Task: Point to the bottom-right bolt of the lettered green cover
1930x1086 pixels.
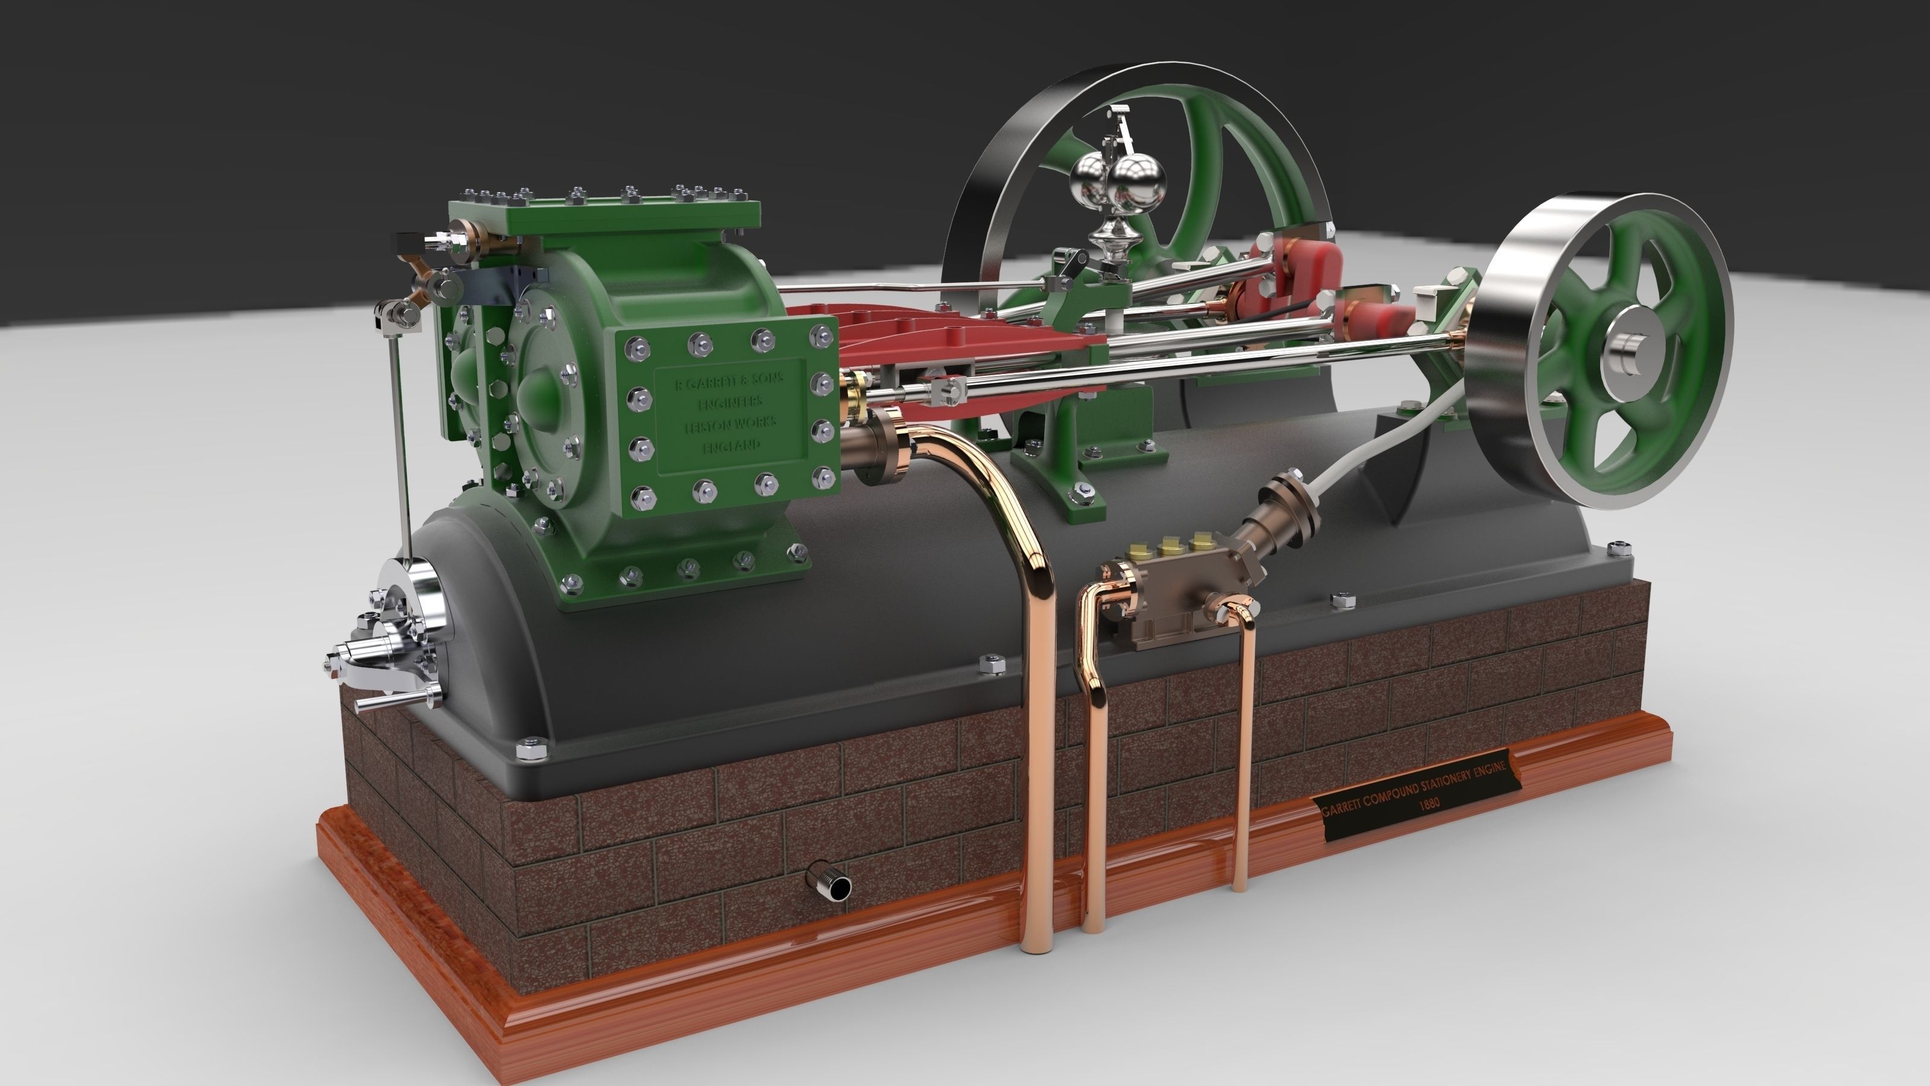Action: (x=824, y=476)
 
